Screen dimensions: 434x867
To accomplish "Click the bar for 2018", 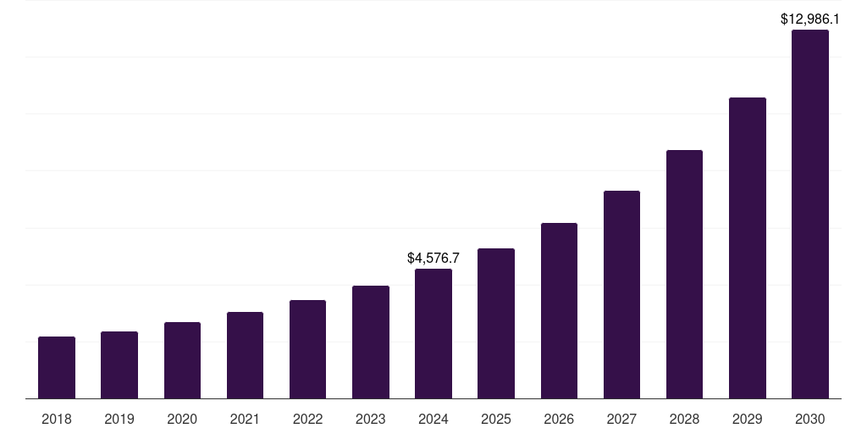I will point(57,368).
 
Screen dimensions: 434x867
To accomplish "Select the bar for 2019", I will point(119,365).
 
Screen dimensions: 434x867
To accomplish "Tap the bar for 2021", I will point(245,355).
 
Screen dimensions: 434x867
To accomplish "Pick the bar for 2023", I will point(371,342).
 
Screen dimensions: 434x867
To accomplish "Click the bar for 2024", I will point(433,334).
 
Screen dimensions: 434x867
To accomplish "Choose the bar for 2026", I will point(559,311).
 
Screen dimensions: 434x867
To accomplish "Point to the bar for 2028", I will point(684,275).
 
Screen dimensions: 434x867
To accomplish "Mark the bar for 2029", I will point(748,248).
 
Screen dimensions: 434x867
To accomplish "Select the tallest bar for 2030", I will point(810,214).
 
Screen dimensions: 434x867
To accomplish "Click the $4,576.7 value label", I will point(433,257).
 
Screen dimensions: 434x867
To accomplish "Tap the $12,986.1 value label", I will point(810,18).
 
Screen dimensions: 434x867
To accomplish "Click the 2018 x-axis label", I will point(57,419).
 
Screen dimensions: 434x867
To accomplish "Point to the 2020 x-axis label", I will point(182,419).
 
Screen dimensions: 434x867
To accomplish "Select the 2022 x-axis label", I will point(307,419).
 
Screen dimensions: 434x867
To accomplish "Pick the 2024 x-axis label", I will point(433,419).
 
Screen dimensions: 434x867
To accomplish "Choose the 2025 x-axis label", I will point(496,419).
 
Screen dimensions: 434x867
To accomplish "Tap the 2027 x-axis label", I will point(621,419).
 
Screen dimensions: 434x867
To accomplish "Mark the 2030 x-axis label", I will point(810,419).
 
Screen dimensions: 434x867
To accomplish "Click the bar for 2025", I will point(496,324).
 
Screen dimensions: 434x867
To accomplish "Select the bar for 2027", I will point(621,295).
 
